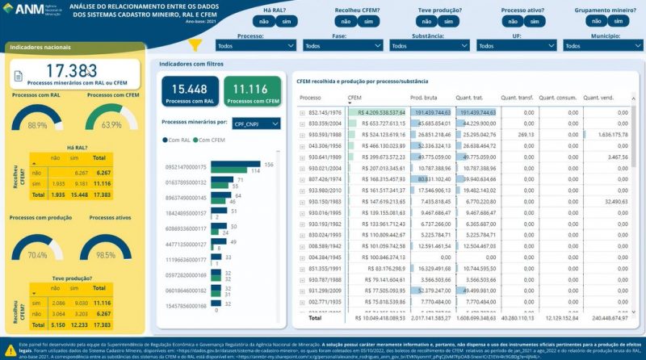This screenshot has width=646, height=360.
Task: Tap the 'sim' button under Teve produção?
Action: pos(448,22)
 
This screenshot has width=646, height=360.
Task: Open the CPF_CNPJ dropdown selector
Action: pos(255,123)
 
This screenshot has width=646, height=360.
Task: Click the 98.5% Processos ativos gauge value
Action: pos(105,255)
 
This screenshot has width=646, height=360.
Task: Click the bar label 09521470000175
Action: pos(186,167)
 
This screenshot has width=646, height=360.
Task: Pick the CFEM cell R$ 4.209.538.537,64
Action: pos(377,113)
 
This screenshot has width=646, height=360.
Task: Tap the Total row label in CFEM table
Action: pos(315,317)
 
